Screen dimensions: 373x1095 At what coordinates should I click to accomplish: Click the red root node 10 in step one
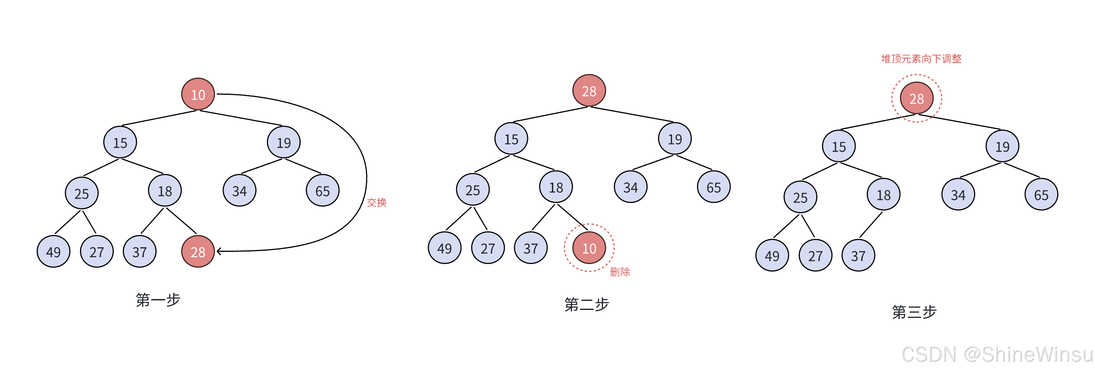point(198,94)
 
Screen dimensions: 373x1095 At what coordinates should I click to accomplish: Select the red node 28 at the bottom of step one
point(198,251)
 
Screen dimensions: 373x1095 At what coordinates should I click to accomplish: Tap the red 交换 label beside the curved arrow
point(377,203)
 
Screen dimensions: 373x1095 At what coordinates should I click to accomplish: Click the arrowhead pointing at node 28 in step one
point(219,251)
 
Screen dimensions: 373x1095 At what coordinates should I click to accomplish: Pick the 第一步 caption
point(158,300)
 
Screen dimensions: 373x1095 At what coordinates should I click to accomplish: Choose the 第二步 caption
point(586,305)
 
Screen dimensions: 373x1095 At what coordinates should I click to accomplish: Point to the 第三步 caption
point(914,312)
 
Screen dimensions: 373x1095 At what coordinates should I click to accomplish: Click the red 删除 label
point(620,272)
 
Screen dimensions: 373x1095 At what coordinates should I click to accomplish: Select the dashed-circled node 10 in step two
point(589,248)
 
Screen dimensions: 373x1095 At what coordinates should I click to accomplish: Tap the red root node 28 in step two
point(589,91)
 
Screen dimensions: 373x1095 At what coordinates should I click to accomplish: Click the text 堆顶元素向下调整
point(921,58)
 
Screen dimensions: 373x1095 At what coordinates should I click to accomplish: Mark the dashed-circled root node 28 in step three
point(916,98)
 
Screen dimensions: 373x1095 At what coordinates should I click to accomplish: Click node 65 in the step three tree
point(1041,195)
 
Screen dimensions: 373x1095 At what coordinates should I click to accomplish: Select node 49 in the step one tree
point(54,251)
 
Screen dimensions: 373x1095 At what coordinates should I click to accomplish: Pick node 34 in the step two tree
point(631,187)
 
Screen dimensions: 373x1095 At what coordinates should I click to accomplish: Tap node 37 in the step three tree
point(858,255)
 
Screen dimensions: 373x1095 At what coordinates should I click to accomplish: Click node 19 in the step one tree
point(284,142)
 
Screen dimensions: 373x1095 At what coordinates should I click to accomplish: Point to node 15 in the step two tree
point(511,139)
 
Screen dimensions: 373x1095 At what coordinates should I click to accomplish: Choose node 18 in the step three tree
point(884,195)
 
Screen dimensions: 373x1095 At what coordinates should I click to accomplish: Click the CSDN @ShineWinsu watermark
point(997,354)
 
